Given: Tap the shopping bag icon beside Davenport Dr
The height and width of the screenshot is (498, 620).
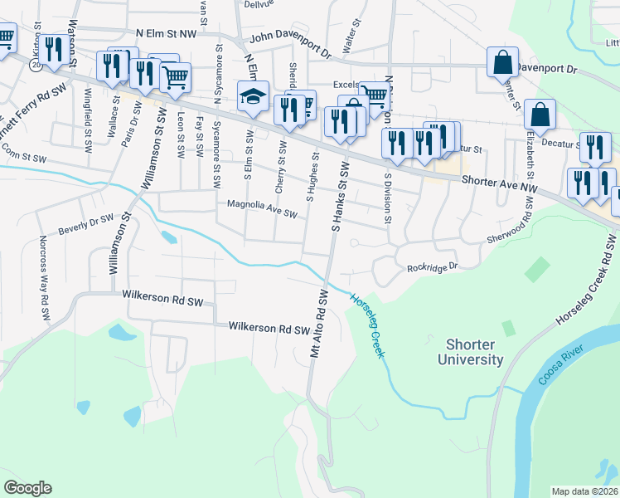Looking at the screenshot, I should [501, 61].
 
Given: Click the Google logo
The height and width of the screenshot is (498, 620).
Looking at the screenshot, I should [27, 488].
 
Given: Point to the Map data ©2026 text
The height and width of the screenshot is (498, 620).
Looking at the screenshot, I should [584, 491].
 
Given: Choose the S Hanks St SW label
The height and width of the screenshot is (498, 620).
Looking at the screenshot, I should [337, 197].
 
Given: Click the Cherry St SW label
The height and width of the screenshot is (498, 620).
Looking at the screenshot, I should [281, 168].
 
